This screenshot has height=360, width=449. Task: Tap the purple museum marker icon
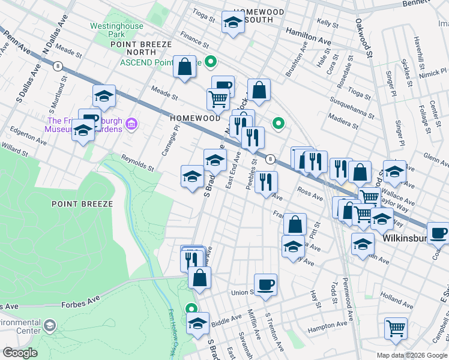(132, 125)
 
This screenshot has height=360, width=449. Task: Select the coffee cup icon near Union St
(265, 283)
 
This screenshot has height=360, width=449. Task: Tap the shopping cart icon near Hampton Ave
(396, 328)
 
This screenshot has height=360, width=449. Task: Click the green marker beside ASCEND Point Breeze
(211, 62)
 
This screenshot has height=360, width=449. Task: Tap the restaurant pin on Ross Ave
(266, 181)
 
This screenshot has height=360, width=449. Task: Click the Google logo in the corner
(20, 353)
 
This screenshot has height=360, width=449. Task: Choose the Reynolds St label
(137, 161)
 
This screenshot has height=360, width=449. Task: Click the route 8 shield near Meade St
(58, 65)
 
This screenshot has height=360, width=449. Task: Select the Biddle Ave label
(226, 318)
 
